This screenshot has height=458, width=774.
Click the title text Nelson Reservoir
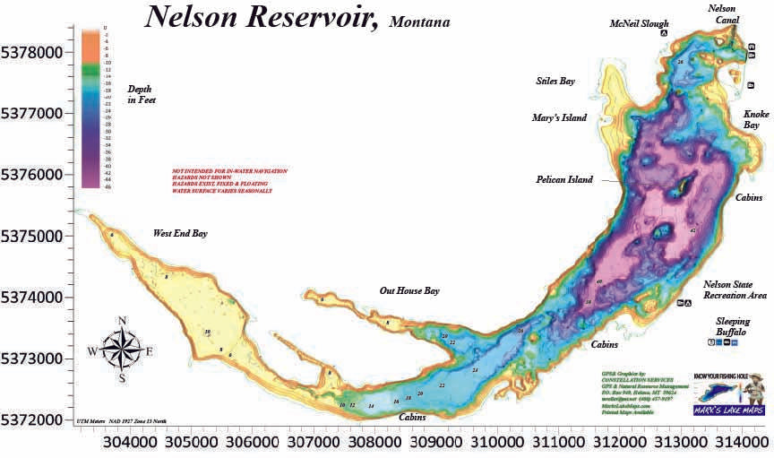point(262,17)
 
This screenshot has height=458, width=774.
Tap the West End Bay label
point(180,234)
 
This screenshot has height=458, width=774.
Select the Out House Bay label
point(409,290)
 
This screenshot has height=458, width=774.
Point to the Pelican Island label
point(564,179)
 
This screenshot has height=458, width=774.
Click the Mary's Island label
point(559,117)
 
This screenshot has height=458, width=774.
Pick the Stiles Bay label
point(555,81)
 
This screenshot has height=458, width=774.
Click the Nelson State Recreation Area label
point(735,289)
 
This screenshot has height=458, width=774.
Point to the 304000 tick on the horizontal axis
point(127,443)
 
